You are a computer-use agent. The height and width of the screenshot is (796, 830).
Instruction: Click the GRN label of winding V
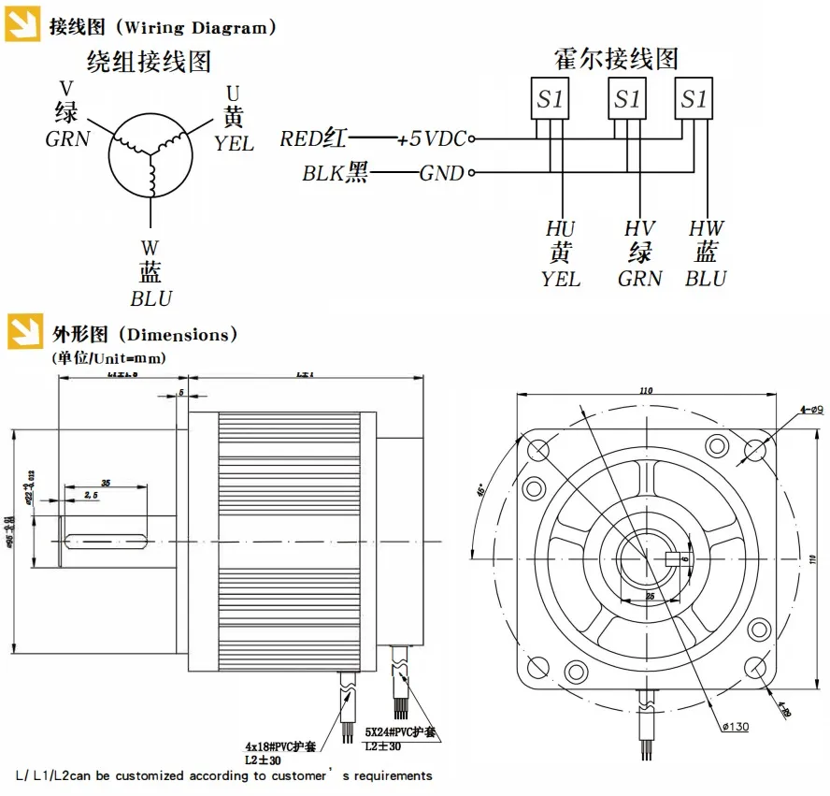coord(68,139)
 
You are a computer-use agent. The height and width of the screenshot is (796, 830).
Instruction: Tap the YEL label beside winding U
coord(234,144)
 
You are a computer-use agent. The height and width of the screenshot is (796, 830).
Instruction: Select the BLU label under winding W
coord(150,299)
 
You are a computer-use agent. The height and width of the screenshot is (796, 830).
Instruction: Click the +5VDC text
coord(430,139)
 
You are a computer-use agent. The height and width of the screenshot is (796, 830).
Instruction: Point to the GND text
coord(441,173)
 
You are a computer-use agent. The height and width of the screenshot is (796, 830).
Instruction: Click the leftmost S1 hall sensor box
coord(550,99)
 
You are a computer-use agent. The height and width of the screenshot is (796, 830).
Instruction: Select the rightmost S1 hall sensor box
coord(694,99)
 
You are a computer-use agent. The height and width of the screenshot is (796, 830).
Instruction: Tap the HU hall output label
coord(561,229)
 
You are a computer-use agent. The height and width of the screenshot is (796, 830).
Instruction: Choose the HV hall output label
coord(640,229)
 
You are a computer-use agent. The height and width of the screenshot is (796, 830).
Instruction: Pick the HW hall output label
coord(706,229)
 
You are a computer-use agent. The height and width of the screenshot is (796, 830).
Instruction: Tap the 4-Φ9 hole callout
coord(810,409)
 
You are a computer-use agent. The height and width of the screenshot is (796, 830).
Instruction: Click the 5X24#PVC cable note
coord(401,733)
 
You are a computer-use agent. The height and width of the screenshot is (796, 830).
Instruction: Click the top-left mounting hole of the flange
coord(539,450)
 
